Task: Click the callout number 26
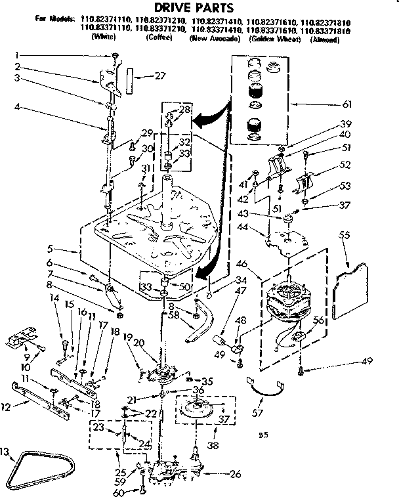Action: tap(234, 473)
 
